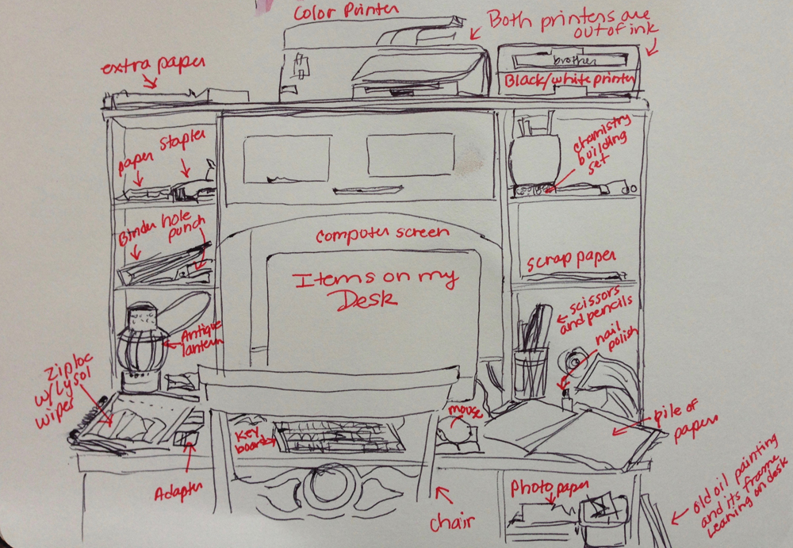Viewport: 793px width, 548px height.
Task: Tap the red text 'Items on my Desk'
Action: [375, 288]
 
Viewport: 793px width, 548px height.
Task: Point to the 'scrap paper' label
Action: [571, 262]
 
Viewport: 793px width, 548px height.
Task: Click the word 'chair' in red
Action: [452, 522]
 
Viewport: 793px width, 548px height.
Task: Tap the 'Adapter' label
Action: [178, 493]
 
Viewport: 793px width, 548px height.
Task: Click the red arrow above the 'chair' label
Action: [443, 496]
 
